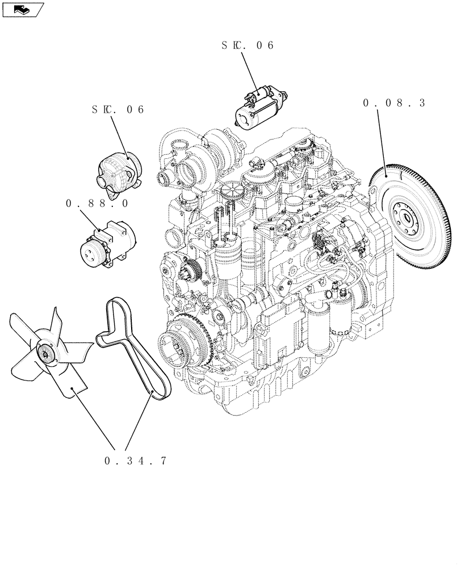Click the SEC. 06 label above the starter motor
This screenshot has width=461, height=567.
tap(248, 45)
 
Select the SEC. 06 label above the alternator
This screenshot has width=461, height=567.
tap(118, 109)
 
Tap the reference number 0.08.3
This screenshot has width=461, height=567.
tap(394, 103)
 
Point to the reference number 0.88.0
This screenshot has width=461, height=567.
tap(97, 202)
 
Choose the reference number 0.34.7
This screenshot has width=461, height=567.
tap(136, 461)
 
